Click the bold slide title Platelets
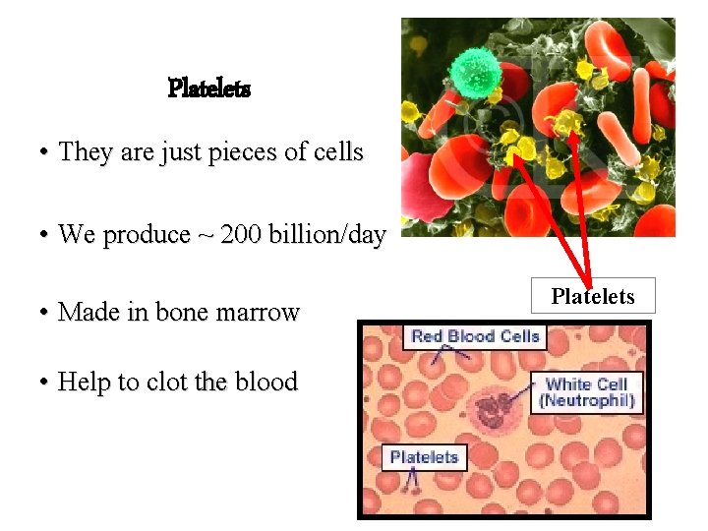tap(209, 88)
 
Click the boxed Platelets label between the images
tap(593, 296)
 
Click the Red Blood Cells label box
tap(475, 336)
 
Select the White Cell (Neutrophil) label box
tap(586, 392)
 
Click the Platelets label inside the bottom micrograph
tap(424, 457)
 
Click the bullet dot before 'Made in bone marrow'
tap(45, 314)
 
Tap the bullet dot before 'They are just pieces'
tap(45, 154)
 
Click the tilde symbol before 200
tap(206, 236)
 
